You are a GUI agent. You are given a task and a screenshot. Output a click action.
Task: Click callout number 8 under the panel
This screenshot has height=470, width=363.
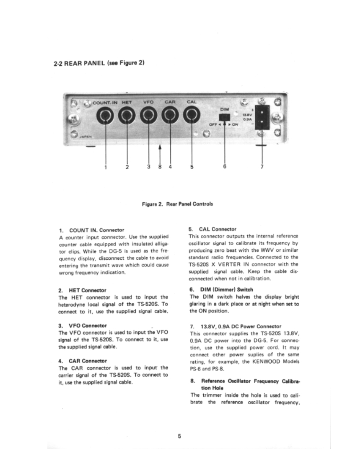pos(160,167)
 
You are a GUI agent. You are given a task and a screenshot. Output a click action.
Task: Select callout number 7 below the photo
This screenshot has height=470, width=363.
pos(262,167)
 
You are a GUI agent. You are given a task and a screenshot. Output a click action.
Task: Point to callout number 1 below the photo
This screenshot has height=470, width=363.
pos(105,167)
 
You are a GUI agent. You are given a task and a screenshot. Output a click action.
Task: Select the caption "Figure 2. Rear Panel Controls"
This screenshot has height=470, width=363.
pos(178,204)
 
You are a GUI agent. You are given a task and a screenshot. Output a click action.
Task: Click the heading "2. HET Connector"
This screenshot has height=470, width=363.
pos(82,290)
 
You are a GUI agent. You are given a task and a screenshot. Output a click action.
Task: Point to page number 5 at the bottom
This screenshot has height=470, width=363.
pos(179,436)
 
